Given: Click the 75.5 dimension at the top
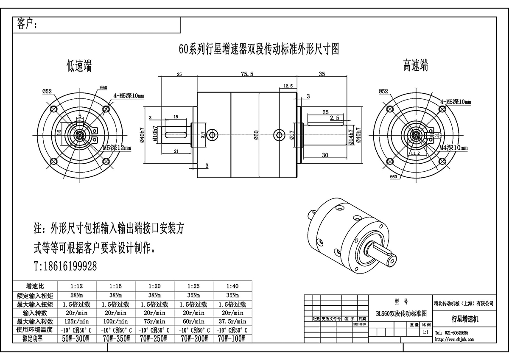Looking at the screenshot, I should tap(247, 74).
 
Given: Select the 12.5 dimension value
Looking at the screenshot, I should tap(288, 86).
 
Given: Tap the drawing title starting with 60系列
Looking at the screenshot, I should tap(259, 49).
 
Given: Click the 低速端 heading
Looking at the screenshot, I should tap(79, 66).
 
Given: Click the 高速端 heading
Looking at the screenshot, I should tap(415, 66).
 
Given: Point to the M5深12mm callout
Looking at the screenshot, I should tap(117, 148).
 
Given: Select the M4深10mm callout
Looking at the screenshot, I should tap(453, 148).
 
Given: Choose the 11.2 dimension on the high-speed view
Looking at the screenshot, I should tap(415, 154).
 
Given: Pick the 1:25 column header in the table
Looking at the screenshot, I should tap(194, 286).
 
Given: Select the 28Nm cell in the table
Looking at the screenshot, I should tap(77, 295).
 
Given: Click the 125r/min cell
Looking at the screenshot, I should tap(77, 321).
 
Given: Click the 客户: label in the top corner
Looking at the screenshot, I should tap(27, 24).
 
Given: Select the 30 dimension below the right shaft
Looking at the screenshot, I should tap(325, 155).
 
